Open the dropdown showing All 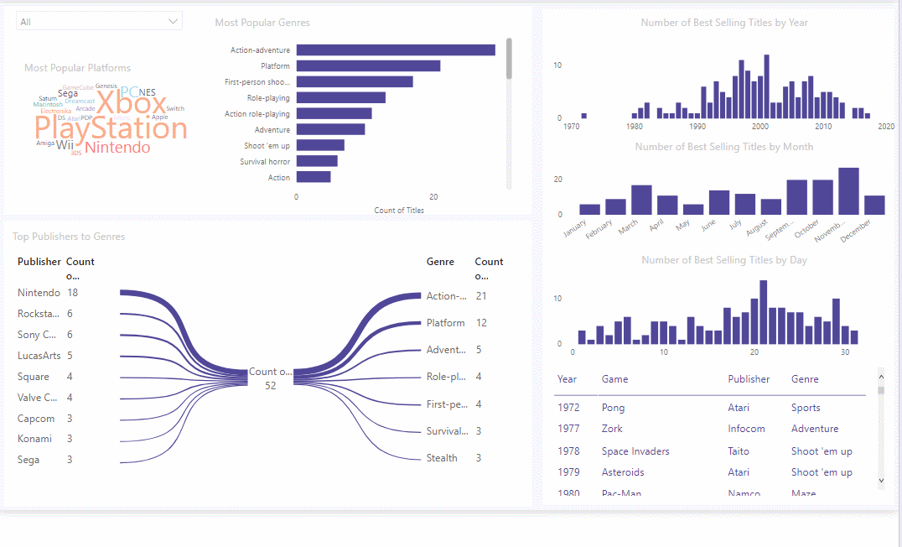pyautogui.click(x=99, y=22)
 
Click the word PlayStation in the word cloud pyautogui.click(x=111, y=128)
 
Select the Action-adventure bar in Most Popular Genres pyautogui.click(x=395, y=50)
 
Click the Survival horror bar pyautogui.click(x=316, y=161)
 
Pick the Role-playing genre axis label pyautogui.click(x=268, y=98)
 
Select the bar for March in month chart pyautogui.click(x=641, y=201)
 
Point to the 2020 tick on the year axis pyautogui.click(x=886, y=127)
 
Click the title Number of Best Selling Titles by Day pyautogui.click(x=723, y=260)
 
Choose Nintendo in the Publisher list pyautogui.click(x=39, y=293)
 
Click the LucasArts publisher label pyautogui.click(x=39, y=356)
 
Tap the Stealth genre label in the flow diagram pyautogui.click(x=442, y=458)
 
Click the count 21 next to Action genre pyautogui.click(x=481, y=296)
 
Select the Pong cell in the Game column pyautogui.click(x=613, y=408)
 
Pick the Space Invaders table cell pyautogui.click(x=635, y=451)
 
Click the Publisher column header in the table pyautogui.click(x=749, y=379)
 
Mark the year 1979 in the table pyautogui.click(x=568, y=472)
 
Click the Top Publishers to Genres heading pyautogui.click(x=69, y=237)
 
